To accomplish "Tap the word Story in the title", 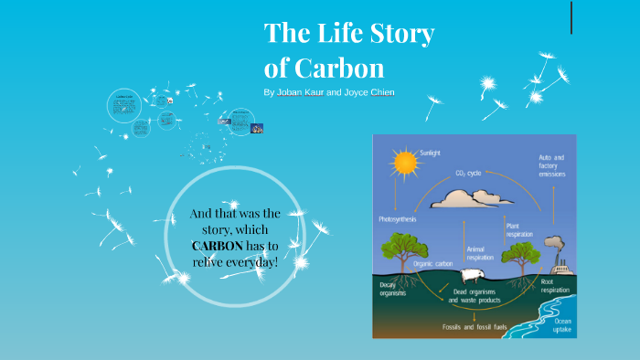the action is coord(398,35).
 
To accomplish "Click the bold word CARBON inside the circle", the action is coord(218,246).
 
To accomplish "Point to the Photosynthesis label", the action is coord(400,219).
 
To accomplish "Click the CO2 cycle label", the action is coord(473,172).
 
